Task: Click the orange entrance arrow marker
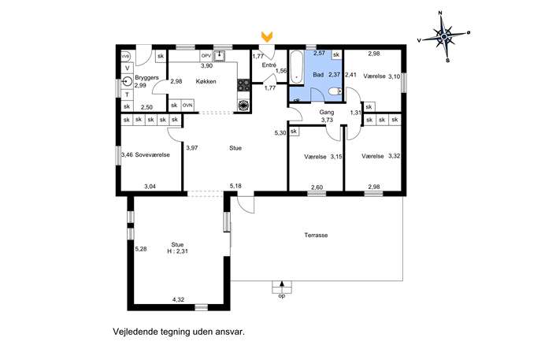tap(267, 35)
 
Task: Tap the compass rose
tap(444, 36)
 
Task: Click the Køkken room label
tap(206, 81)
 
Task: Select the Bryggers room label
tap(146, 78)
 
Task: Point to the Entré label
tap(269, 65)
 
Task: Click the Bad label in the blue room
tap(318, 75)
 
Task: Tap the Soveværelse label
tap(152, 155)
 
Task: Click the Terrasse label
tap(316, 236)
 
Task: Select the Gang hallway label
tap(326, 112)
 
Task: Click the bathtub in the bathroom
tap(296, 67)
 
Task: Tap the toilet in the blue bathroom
tap(335, 91)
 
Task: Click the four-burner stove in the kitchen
tap(243, 85)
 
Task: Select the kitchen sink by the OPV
tap(219, 56)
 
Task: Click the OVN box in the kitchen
tap(187, 106)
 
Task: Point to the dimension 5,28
tap(141, 248)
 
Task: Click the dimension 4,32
tap(178, 299)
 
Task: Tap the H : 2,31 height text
tap(177, 251)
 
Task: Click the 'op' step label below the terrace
tap(282, 296)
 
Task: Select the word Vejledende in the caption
tap(135, 332)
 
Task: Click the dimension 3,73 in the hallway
tap(327, 120)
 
